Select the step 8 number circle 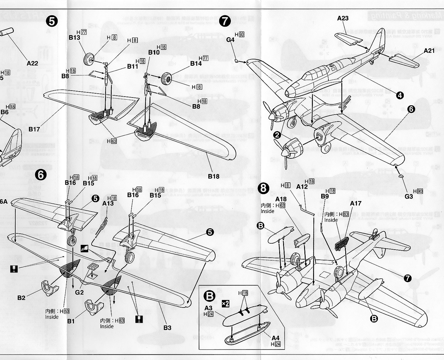263,188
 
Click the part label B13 74,37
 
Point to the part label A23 343,18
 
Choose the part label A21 429,51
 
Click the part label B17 34,129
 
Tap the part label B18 213,176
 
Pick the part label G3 409,196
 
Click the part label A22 32,63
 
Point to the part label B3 167,328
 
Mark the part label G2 79,293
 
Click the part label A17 355,203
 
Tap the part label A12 302,187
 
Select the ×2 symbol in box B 225,304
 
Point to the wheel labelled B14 166,79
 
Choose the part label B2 21,298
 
